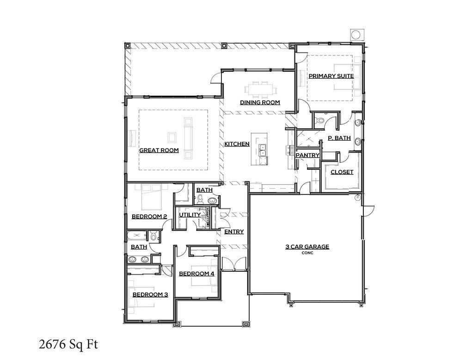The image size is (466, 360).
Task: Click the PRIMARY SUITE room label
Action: [x=331, y=76]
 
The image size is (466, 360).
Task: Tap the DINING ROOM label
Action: [x=259, y=102]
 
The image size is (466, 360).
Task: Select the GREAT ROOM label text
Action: [x=159, y=150]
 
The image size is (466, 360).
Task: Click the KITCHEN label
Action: [x=237, y=144]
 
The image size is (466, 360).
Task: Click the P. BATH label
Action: [x=339, y=138]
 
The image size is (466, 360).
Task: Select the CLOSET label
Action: [x=342, y=172]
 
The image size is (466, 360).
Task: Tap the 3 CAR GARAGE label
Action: [x=307, y=247]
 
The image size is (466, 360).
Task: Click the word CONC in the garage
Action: [x=307, y=253]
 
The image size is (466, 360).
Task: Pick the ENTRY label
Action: [x=234, y=232]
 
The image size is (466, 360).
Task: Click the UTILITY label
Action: [x=190, y=215]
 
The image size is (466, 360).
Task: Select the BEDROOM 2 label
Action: [x=149, y=216]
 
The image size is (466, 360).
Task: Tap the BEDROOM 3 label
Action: [x=150, y=294]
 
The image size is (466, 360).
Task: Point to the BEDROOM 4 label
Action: [x=196, y=273]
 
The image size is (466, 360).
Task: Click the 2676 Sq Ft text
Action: [x=68, y=344]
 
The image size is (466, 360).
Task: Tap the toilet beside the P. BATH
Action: [x=320, y=120]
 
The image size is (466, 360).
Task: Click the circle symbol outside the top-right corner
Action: [x=356, y=35]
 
